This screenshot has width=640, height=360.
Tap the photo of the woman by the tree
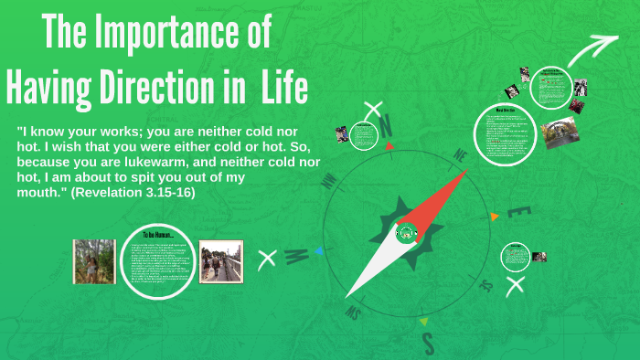pos(94,261)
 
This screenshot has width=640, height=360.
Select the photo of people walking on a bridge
pos(220,261)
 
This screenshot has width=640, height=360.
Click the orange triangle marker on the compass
pos(495,217)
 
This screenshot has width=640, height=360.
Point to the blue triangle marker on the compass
pos(318,249)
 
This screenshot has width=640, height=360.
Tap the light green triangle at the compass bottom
pos(422,322)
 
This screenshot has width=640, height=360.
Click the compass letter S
pos(427,344)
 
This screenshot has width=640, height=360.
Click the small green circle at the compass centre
pos(406,233)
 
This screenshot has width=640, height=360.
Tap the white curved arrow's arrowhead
pos(605,43)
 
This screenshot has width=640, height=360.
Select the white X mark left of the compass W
pos(268,259)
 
